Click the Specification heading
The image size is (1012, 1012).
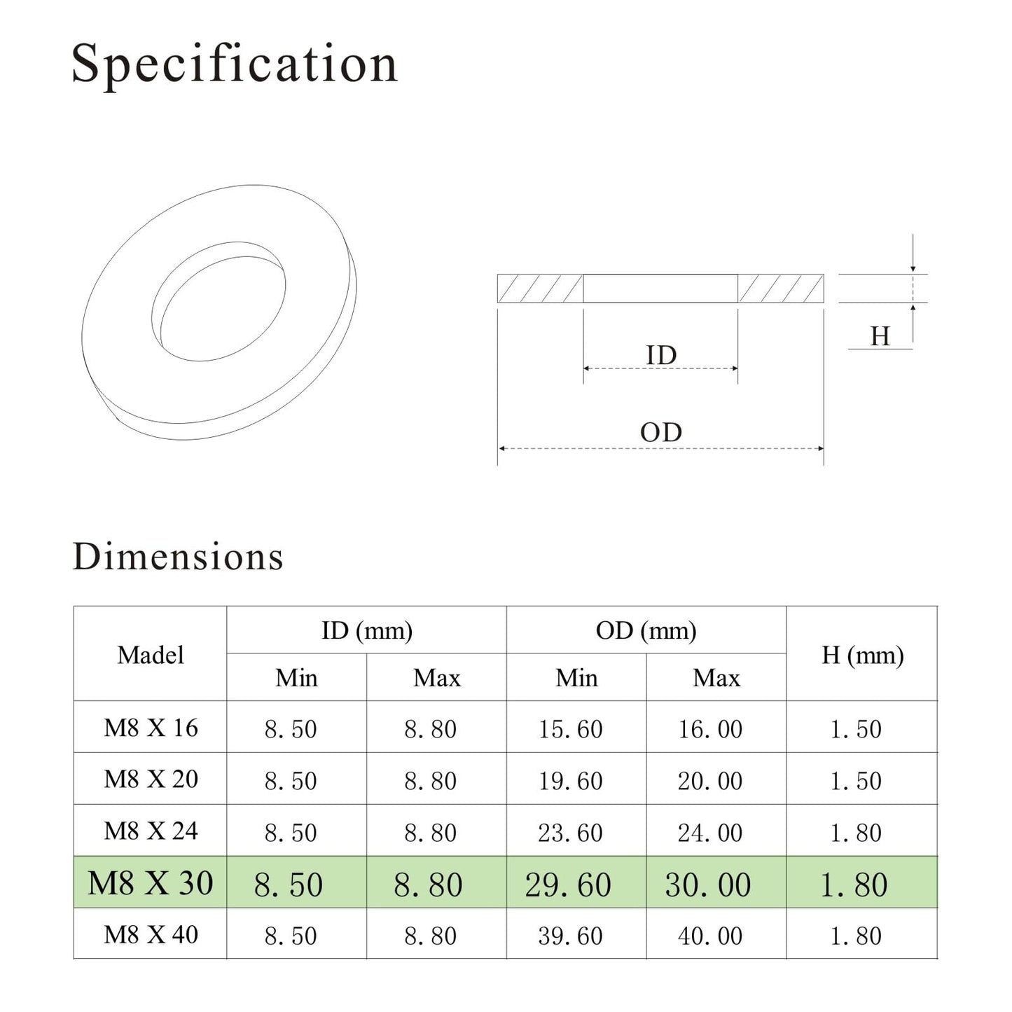(235, 64)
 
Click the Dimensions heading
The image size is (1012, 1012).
(178, 557)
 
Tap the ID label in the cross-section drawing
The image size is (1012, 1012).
(660, 355)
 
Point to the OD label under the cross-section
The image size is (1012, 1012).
(660, 432)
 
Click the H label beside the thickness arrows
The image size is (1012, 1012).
(880, 337)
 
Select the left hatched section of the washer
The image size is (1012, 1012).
(540, 289)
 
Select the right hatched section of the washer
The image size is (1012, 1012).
(781, 289)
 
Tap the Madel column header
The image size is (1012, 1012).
(151, 655)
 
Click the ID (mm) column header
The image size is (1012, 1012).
(366, 630)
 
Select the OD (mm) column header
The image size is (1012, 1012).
(646, 630)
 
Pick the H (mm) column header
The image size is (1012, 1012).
(862, 655)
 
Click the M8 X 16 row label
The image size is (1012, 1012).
(151, 728)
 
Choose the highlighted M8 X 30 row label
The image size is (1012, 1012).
(151, 883)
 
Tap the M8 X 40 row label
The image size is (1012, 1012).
(151, 934)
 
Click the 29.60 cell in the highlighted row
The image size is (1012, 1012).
(568, 885)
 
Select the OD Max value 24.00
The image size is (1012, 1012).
(709, 833)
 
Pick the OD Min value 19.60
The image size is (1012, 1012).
(570, 781)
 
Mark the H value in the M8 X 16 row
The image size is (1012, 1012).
(855, 729)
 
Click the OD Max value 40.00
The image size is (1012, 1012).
(709, 936)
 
